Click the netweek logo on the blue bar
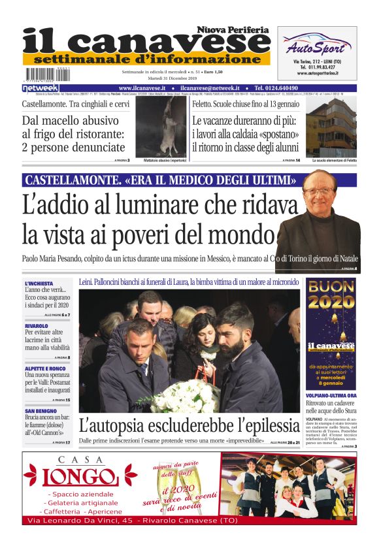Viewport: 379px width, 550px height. pos(41,88)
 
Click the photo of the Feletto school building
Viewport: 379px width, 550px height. pos(334,127)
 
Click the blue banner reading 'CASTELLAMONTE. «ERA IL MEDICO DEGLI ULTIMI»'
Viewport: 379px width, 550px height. pos(161,180)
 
